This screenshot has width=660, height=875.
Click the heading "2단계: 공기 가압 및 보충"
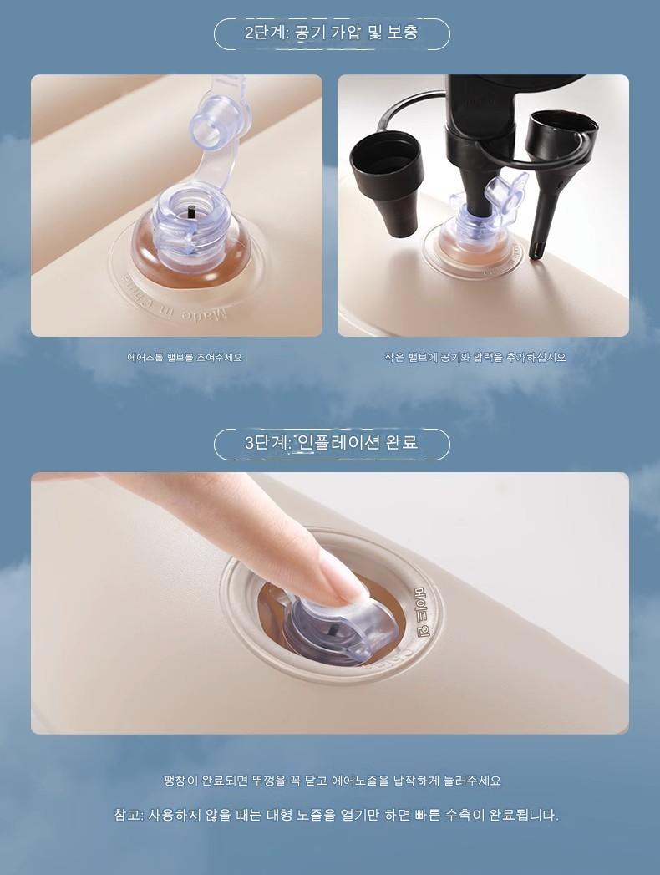pos(332,33)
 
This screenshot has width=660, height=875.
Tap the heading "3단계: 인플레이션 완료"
pos(332,443)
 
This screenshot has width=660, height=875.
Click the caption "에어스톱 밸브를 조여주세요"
pos(185,358)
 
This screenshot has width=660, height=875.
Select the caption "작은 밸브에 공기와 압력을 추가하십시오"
pos(475,358)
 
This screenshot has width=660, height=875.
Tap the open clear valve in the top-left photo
pos(190,223)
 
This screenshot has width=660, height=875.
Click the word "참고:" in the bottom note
pos(129,815)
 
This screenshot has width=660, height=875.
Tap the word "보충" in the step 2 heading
pos(402,33)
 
